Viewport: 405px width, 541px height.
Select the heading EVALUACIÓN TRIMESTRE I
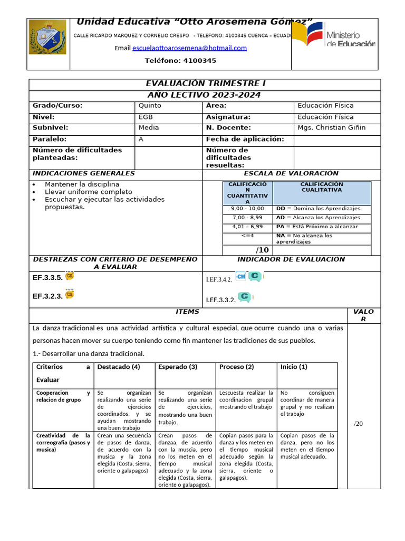pyautogui.click(x=205, y=84)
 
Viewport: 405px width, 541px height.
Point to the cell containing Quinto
pyautogui.click(x=150, y=106)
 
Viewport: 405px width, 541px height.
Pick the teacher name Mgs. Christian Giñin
pyautogui.click(x=331, y=128)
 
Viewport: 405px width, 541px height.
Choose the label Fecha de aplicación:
pyautogui.click(x=245, y=139)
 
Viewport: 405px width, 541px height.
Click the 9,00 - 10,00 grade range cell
pyautogui.click(x=247, y=209)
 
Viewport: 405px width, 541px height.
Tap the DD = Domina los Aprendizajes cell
pyautogui.click(x=318, y=209)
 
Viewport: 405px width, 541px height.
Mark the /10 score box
pyautogui.click(x=262, y=250)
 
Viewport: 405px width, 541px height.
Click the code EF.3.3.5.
pyautogui.click(x=47, y=277)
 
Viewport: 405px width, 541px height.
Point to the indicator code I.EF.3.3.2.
pyautogui.click(x=220, y=300)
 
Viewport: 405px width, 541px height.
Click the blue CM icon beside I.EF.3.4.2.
pyautogui.click(x=240, y=276)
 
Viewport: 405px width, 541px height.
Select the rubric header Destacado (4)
pyautogui.click(x=119, y=367)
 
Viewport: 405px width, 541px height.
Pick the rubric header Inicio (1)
pyautogui.click(x=294, y=367)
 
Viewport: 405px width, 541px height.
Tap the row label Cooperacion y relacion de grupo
pyautogui.click(x=63, y=397)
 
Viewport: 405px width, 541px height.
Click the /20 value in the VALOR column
pyautogui.click(x=359, y=424)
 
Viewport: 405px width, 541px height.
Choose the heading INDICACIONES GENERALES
pyautogui.click(x=84, y=174)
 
